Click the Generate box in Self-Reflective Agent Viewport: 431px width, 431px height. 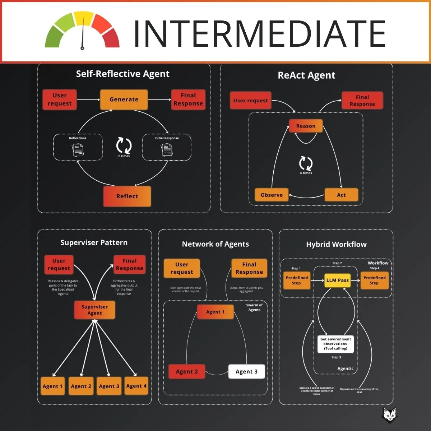coord(124,99)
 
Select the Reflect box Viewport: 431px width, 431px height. coord(127,196)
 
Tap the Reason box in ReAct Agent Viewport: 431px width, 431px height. coord(306,126)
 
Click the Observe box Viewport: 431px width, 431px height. coord(272,195)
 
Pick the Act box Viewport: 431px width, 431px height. coord(341,195)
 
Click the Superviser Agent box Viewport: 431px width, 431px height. coord(94,310)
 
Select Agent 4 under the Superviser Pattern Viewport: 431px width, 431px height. coord(136,386)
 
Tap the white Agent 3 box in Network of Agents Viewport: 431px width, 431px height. coord(246,372)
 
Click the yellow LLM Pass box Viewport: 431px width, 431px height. coord(337,280)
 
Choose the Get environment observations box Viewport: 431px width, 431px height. coord(335,344)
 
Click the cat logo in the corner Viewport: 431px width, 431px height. coord(389,415)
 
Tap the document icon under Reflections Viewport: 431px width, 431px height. coord(78,149)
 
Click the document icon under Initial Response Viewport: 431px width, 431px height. coord(167,149)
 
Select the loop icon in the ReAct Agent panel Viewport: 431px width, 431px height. coord(306,163)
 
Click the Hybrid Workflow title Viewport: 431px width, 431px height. coord(336,245)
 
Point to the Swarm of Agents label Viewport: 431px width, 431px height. coord(254,307)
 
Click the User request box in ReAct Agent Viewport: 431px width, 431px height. coord(250,101)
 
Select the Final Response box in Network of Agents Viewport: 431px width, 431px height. coord(249,268)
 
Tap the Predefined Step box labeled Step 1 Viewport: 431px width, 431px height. coord(297,280)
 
